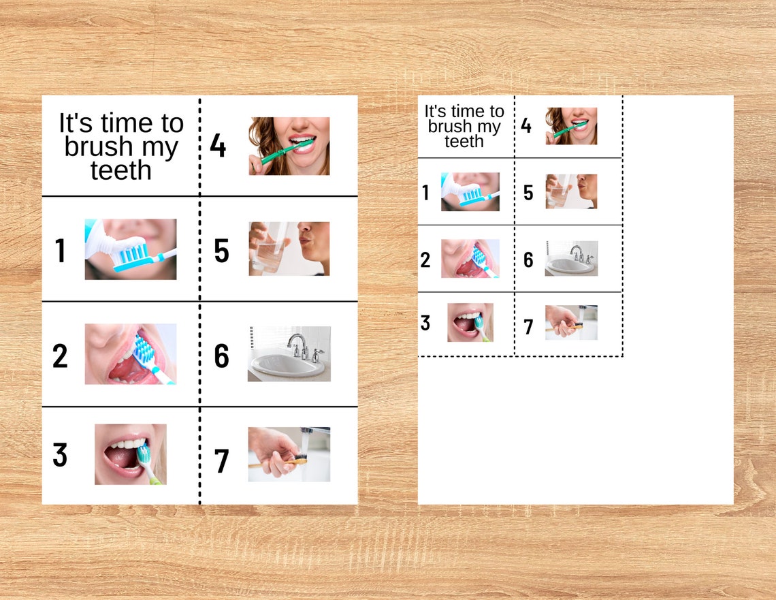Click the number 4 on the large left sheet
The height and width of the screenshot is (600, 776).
[x=218, y=146]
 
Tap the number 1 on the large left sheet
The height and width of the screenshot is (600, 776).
[x=60, y=251]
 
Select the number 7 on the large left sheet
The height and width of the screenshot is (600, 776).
[x=221, y=461]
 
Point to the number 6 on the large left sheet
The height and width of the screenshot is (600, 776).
[x=221, y=356]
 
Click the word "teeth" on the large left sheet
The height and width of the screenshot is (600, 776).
[x=120, y=170]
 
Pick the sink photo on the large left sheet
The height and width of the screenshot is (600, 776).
[x=289, y=353]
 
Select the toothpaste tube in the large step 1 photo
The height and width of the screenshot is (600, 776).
[x=109, y=235]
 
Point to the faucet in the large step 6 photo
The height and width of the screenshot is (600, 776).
[x=298, y=344]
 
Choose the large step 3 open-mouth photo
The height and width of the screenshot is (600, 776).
[x=130, y=454]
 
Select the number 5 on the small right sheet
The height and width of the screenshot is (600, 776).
[x=528, y=193]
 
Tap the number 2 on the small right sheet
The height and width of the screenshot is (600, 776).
[x=425, y=259]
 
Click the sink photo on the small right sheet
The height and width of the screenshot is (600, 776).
[x=571, y=258]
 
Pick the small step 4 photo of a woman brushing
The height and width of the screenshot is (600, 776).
[x=571, y=126]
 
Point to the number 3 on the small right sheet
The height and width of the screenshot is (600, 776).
[x=425, y=323]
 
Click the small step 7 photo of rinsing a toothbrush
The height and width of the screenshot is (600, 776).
[x=571, y=322]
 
